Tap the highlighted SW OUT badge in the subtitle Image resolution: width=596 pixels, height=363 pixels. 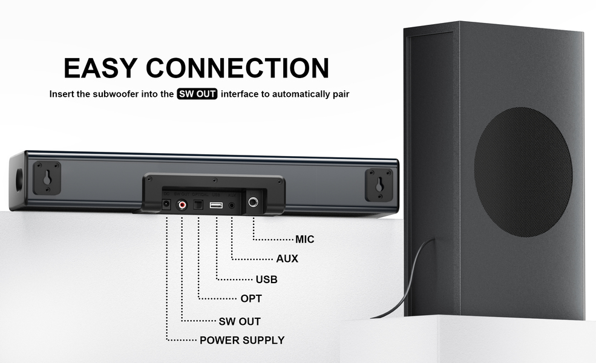click(197, 94)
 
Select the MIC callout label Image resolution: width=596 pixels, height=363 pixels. click(305, 240)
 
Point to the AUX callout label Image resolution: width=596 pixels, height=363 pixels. click(287, 259)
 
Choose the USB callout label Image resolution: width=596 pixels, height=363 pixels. click(266, 280)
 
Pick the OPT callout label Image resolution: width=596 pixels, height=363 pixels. click(251, 299)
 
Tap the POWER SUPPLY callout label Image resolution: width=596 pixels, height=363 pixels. click(242, 340)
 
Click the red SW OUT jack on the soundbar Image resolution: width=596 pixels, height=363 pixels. click(182, 206)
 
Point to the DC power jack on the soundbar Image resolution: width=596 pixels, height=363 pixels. click(165, 206)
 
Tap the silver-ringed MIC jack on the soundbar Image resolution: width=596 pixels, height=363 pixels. click(252, 203)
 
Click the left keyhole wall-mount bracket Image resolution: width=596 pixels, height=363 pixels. click(46, 178)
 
